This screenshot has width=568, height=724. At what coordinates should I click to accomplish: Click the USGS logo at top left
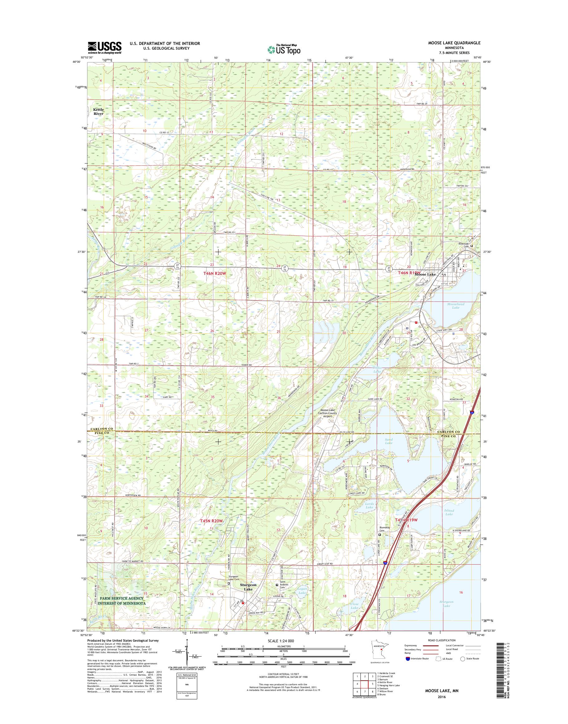click(105, 47)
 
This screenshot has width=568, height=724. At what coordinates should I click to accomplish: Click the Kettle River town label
click(98, 111)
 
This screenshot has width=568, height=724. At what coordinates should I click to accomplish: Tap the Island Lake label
click(449, 512)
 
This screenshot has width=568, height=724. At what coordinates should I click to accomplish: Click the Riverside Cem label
click(463, 245)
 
